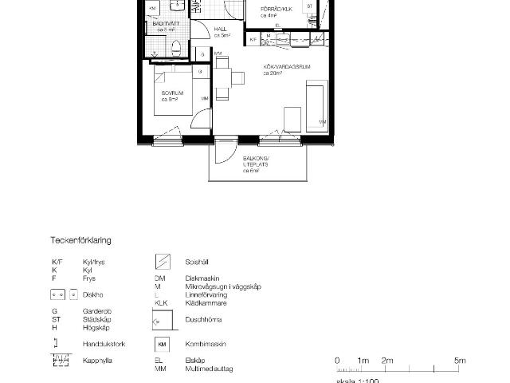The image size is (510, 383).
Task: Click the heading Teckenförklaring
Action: click(81, 239)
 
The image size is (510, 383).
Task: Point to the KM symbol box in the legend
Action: click(163, 345)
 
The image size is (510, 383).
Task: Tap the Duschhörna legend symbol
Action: click(163, 319)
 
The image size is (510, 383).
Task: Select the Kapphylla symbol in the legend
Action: click(61, 361)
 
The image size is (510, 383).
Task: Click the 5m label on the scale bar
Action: click(460, 361)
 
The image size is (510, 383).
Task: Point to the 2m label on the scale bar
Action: click(387, 361)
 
